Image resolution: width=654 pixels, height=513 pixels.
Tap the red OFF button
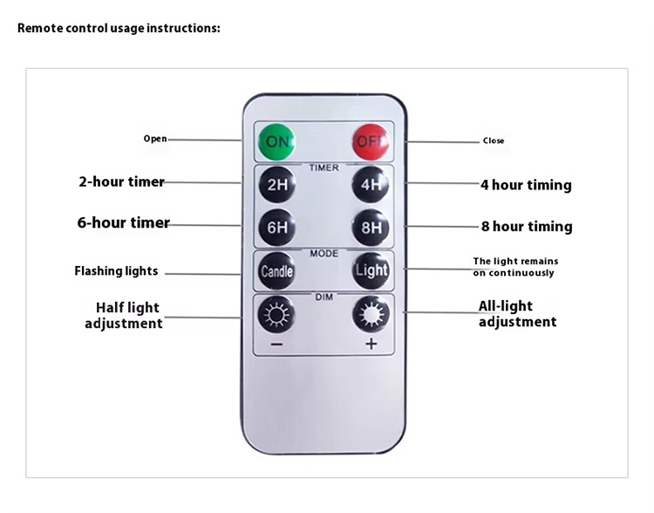[x=371, y=141]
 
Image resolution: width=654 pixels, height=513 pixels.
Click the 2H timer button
[x=277, y=184]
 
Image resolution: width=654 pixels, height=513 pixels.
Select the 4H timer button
[x=371, y=184]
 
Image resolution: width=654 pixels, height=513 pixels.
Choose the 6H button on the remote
[x=277, y=228]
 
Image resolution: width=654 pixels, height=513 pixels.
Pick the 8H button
[x=371, y=228]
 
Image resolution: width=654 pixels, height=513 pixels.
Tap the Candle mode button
[x=276, y=271]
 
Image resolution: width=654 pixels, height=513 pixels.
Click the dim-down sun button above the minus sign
[x=276, y=314]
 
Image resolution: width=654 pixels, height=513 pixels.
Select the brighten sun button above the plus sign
[x=371, y=314]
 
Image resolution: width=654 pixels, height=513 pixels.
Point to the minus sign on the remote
[x=276, y=345]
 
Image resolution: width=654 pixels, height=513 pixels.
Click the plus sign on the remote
[x=371, y=344]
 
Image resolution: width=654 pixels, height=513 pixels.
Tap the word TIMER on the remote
[x=324, y=168]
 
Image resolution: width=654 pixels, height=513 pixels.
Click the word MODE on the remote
[x=324, y=253]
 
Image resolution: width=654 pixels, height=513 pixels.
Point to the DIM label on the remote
[x=324, y=298]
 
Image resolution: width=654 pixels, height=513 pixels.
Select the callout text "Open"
[x=155, y=139]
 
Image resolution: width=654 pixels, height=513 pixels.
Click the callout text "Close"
[x=494, y=140]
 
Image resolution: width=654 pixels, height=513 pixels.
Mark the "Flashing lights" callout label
[x=116, y=271]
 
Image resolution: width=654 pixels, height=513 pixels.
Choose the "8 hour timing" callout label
[x=527, y=226]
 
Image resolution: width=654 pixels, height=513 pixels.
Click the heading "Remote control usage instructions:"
[x=119, y=28]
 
